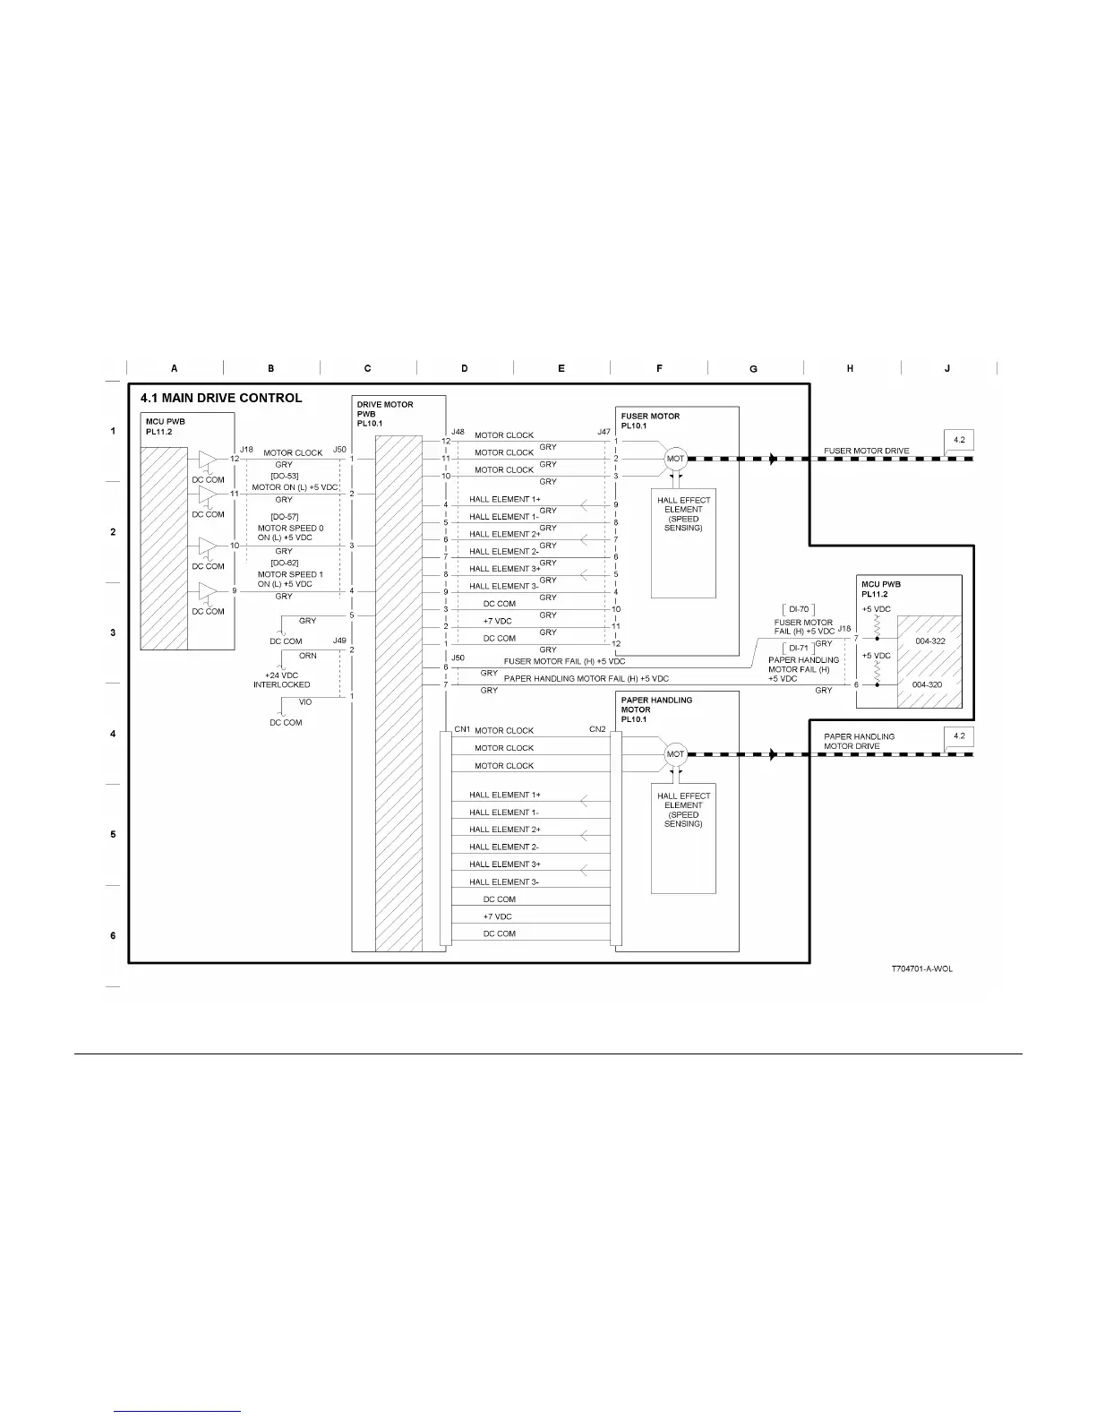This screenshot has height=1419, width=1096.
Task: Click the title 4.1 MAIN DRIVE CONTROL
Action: pyautogui.click(x=220, y=399)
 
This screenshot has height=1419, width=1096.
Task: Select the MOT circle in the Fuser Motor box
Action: pyautogui.click(x=675, y=459)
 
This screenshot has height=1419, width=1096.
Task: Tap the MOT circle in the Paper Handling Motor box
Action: pyautogui.click(x=675, y=754)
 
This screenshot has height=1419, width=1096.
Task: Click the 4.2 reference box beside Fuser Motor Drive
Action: pyautogui.click(x=959, y=440)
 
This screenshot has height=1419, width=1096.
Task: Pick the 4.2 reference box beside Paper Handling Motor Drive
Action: pyautogui.click(x=959, y=735)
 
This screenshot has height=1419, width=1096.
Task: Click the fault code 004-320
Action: pyautogui.click(x=927, y=684)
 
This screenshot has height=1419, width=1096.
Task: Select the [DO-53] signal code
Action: pyautogui.click(x=284, y=477)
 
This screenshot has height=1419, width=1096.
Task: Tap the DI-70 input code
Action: pyautogui.click(x=799, y=609)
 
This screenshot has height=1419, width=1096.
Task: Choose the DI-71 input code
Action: pyautogui.click(x=799, y=648)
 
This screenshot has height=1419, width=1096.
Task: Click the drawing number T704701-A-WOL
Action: pyautogui.click(x=921, y=969)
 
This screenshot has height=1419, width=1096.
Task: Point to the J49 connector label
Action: pyautogui.click(x=339, y=641)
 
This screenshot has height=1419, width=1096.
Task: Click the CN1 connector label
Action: pyautogui.click(x=462, y=729)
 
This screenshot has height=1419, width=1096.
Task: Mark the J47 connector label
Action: pyautogui.click(x=604, y=432)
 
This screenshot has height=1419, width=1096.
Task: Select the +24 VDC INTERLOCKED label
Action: pyautogui.click(x=282, y=680)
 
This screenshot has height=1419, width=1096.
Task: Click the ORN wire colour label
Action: pyautogui.click(x=307, y=656)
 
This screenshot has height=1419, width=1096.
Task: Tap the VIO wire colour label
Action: pyautogui.click(x=305, y=702)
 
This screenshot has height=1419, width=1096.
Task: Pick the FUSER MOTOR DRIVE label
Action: pyautogui.click(x=866, y=451)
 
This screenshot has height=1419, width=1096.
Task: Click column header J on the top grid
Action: pyautogui.click(x=946, y=368)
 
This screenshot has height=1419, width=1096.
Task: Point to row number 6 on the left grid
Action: pyautogui.click(x=113, y=935)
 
